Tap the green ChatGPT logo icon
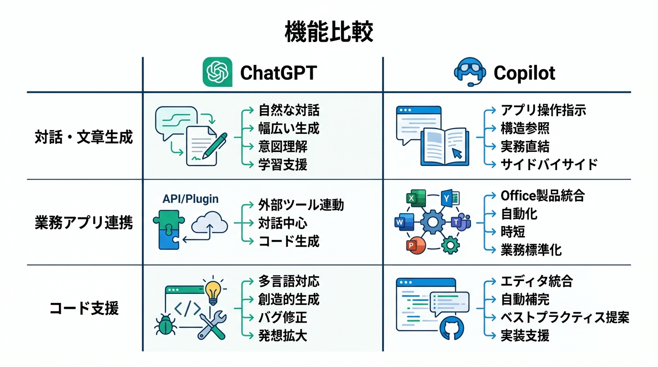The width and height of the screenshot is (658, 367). (218, 72)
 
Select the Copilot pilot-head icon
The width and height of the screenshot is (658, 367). (470, 73)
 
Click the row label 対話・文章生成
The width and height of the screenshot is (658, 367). (84, 138)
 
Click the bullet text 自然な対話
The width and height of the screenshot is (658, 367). (289, 111)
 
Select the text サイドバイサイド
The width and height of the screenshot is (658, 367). (549, 164)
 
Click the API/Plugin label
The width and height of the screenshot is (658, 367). (190, 199)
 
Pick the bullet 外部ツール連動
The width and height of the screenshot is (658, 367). (301, 205)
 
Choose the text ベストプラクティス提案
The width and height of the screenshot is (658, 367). (564, 317)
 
